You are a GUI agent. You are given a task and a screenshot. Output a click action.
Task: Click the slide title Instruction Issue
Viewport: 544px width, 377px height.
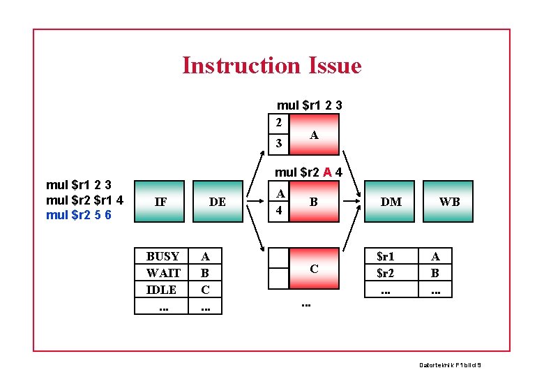[x=271, y=66]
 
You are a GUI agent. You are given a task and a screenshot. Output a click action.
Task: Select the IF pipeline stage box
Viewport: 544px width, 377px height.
[x=160, y=202]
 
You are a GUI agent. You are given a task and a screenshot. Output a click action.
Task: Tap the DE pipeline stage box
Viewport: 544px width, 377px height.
[x=217, y=202]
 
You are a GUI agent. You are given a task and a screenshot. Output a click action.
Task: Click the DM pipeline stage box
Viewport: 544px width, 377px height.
[x=391, y=202]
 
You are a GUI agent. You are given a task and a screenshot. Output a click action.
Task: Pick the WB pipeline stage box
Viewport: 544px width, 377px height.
[x=449, y=202]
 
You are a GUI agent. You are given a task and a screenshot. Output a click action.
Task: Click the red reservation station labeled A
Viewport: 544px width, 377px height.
[x=314, y=135]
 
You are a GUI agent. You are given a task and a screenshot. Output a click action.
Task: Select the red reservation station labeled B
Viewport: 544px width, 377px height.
[x=314, y=202]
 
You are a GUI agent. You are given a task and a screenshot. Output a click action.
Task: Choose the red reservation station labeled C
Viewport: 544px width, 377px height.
[x=314, y=268]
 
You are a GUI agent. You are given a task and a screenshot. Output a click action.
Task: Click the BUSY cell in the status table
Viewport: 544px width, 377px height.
[x=163, y=256]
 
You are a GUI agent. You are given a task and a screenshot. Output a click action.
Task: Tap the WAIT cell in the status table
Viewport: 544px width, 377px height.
[x=163, y=273]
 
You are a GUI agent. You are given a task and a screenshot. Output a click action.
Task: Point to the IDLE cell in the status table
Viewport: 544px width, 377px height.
[x=163, y=289]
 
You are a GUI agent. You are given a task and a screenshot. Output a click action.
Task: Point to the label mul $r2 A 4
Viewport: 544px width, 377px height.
[x=308, y=172]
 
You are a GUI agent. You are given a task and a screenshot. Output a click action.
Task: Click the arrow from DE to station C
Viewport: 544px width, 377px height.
[x=253, y=228]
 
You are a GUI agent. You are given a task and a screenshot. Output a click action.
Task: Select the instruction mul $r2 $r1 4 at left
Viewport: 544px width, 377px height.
[x=84, y=200]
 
